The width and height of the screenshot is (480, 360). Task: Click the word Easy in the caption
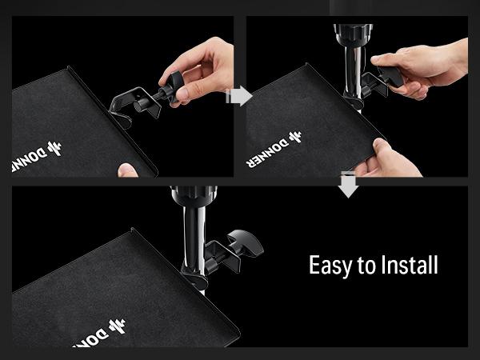[332, 266]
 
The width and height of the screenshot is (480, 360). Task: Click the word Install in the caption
[407, 265]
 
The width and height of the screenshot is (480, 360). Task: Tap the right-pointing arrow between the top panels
[239, 97]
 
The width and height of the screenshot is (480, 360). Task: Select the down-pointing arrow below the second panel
[348, 184]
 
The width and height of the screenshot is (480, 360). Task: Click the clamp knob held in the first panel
[171, 86]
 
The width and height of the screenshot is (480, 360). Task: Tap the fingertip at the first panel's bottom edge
[127, 170]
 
